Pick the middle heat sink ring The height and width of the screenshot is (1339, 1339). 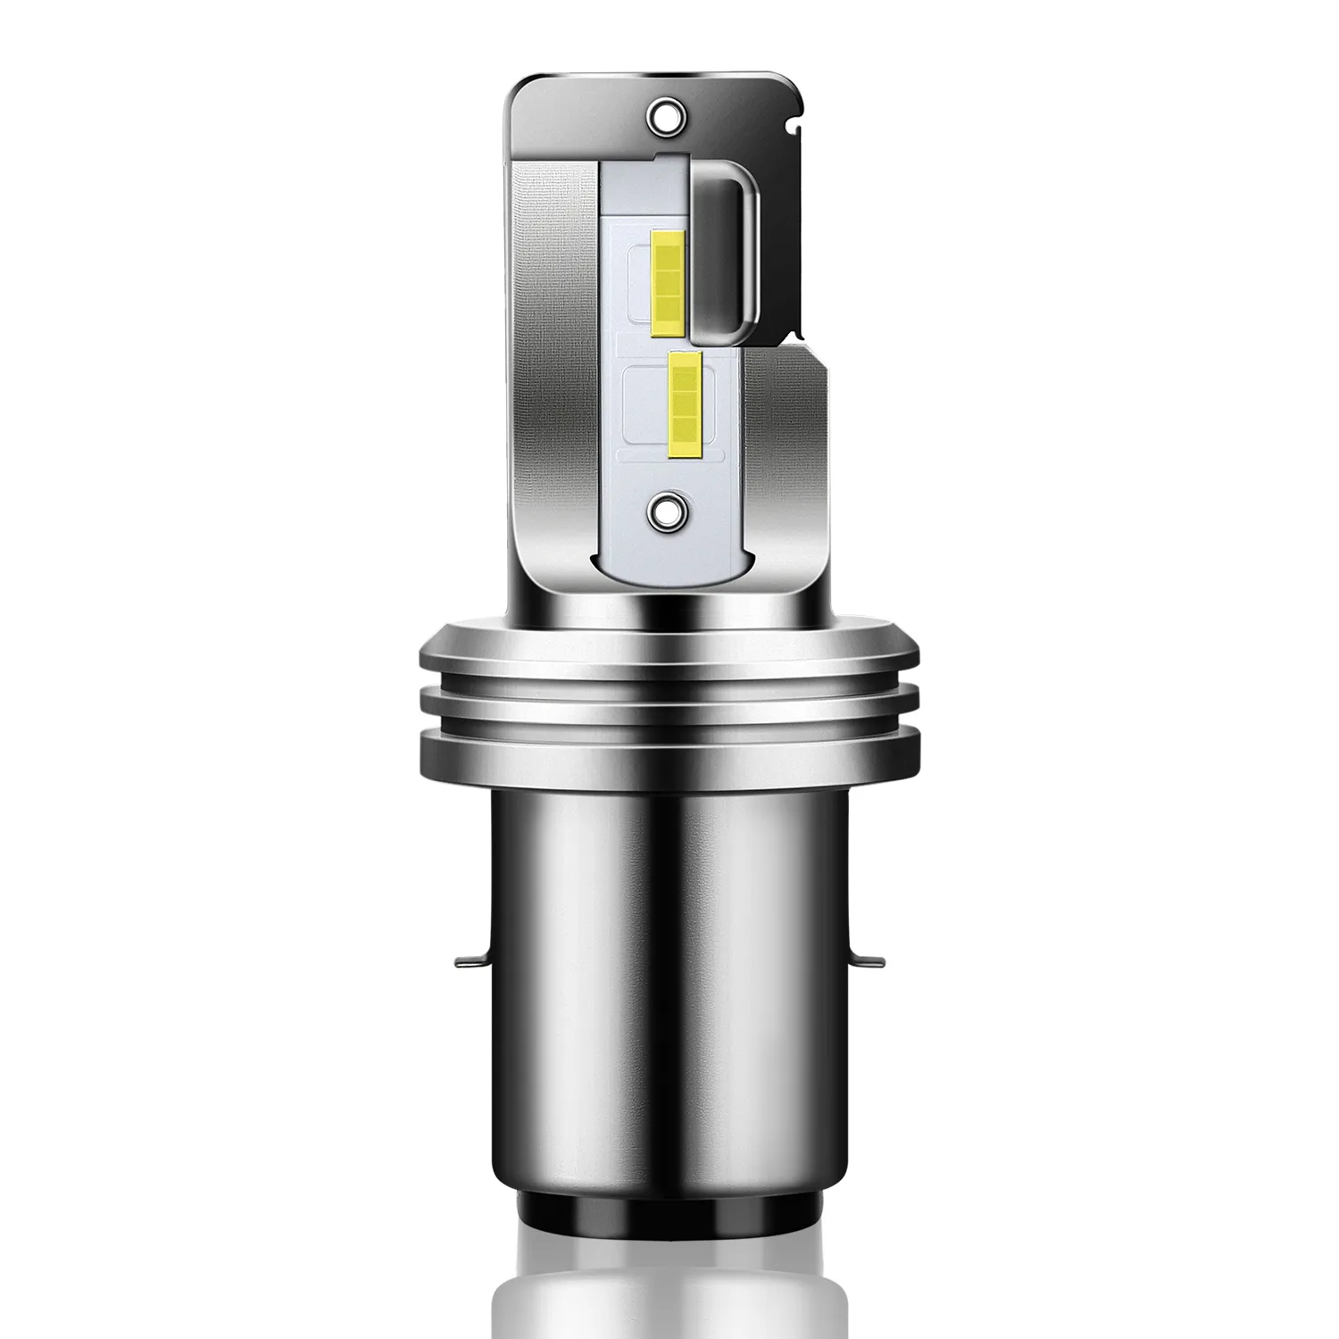point(669,702)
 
